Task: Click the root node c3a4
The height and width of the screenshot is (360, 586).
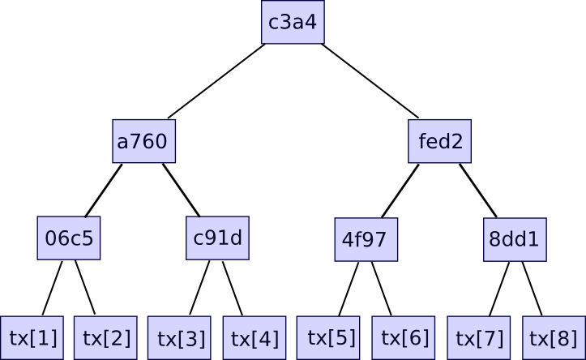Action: (293, 23)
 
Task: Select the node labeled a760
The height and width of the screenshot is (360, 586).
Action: (143, 142)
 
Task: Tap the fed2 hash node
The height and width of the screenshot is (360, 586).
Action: (440, 142)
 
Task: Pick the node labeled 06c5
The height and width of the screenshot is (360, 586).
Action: (69, 238)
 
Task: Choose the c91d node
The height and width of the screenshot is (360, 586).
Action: (217, 238)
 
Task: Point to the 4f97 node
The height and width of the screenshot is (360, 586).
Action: (366, 239)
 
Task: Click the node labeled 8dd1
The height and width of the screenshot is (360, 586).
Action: (515, 239)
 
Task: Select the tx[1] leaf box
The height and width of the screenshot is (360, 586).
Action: (32, 337)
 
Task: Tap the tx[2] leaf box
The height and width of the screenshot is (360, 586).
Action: (106, 337)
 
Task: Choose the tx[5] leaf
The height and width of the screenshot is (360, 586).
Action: (330, 337)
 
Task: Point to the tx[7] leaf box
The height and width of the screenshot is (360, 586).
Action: (479, 337)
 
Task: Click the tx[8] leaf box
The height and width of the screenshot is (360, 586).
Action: (554, 337)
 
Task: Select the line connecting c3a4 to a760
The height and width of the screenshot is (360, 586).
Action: (216, 81)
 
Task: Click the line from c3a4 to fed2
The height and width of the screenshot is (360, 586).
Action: (370, 81)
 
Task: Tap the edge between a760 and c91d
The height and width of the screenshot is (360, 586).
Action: (181, 190)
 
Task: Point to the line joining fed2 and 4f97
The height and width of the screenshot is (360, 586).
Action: (400, 191)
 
